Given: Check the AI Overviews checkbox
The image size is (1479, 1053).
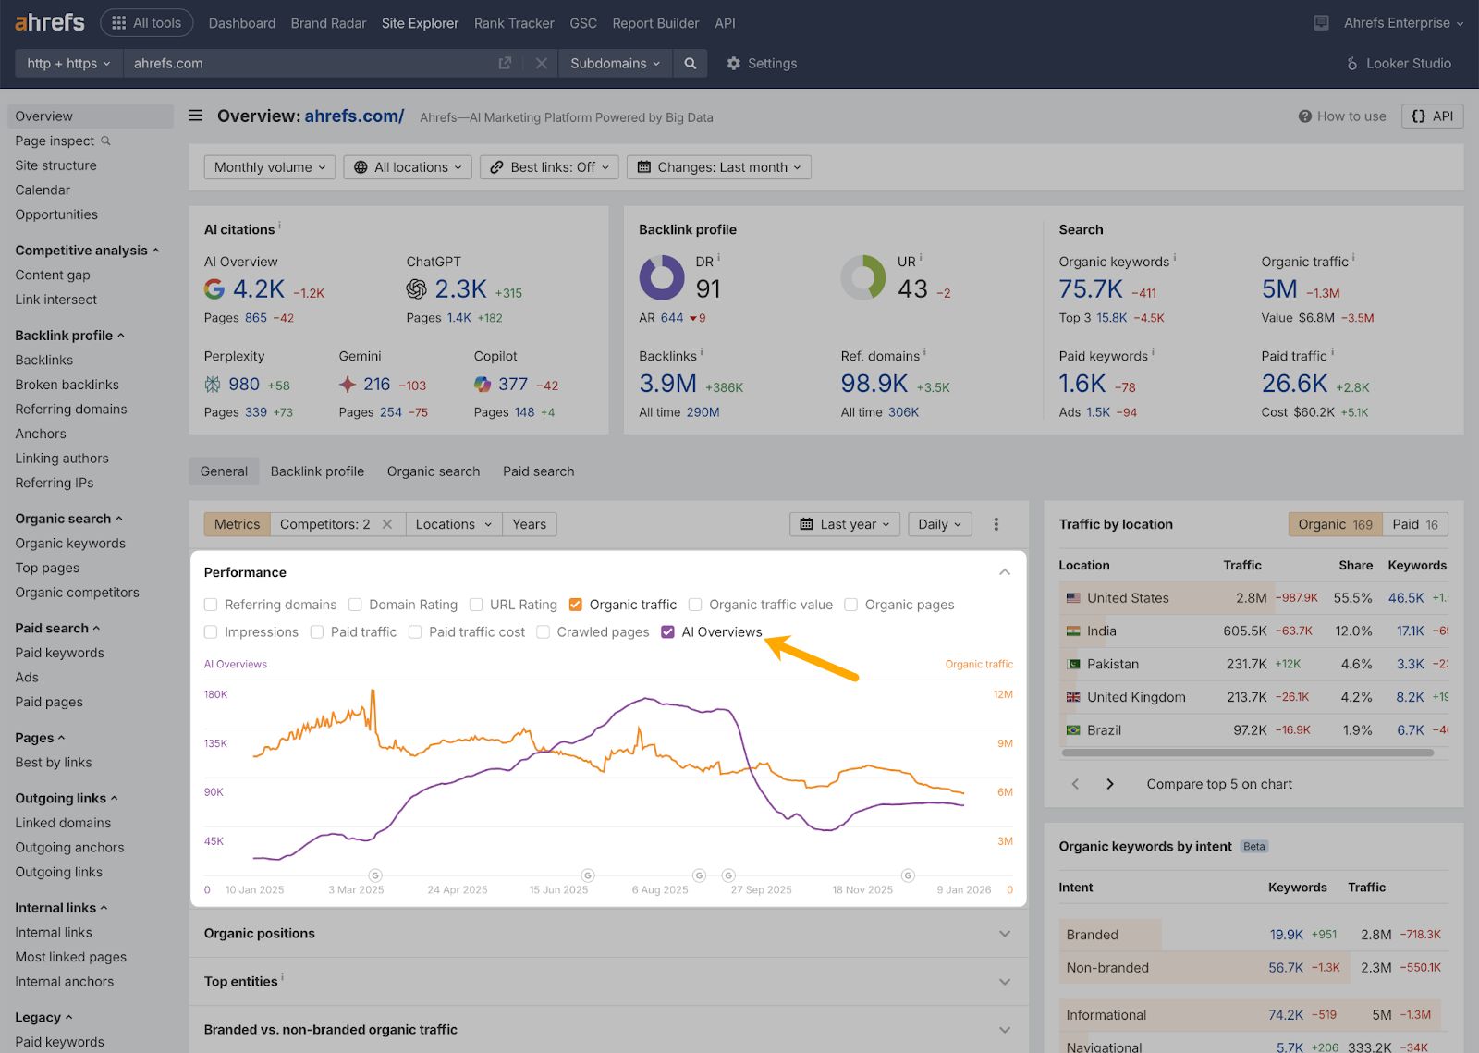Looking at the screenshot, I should click(x=668, y=632).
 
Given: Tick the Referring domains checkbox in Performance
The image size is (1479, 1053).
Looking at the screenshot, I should click(x=211, y=605).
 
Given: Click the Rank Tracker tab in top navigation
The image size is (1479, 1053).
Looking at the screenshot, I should click(x=514, y=23).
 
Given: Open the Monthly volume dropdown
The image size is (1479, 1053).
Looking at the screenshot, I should click(x=269, y=167).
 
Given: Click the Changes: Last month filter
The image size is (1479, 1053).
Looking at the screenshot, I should click(x=719, y=167).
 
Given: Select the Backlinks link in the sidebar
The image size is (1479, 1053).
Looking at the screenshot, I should click(x=43, y=360).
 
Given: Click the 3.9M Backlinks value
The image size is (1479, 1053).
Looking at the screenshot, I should click(x=667, y=384).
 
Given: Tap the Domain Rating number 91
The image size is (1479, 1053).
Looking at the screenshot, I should click(x=708, y=289).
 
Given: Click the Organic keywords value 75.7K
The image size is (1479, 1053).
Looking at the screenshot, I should click(x=1091, y=289).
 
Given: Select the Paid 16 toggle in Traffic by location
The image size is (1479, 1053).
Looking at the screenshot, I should click(x=1415, y=524).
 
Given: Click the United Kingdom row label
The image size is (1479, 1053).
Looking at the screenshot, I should click(x=1136, y=697).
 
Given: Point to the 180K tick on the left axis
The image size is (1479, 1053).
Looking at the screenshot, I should click(x=215, y=694).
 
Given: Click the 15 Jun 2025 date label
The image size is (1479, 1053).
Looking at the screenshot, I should click(x=558, y=890).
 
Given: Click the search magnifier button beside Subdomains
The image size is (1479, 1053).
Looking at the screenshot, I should click(x=691, y=64).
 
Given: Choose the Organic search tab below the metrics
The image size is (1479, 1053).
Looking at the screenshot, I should click(x=434, y=471).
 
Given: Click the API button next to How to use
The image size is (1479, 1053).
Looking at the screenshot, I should click(x=1433, y=116).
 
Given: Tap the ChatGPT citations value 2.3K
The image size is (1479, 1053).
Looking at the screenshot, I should click(x=460, y=289).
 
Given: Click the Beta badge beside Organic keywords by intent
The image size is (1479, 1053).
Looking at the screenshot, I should click(x=1254, y=847).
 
